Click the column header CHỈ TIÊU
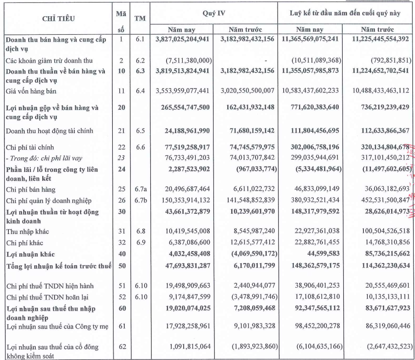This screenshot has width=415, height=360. click(x=58, y=19)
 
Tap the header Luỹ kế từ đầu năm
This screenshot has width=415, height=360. click(x=345, y=13)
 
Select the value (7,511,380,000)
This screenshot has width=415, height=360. click(x=189, y=60)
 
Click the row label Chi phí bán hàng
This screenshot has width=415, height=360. click(x=28, y=189)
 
